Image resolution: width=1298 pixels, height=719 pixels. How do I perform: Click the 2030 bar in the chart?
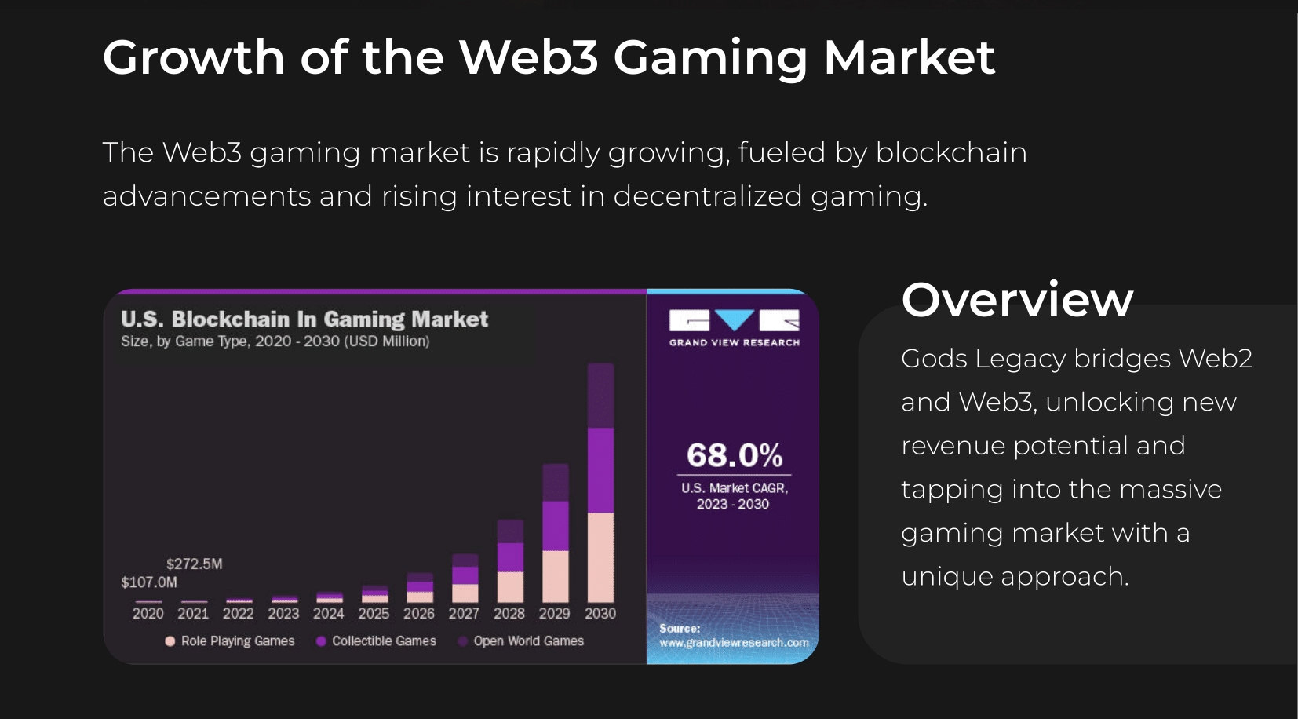pyautogui.click(x=600, y=482)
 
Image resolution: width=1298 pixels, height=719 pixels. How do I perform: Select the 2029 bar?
pyautogui.click(x=556, y=533)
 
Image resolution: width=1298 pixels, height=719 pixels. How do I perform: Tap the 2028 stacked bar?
pyautogui.click(x=510, y=560)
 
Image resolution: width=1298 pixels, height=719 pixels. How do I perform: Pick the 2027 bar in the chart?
pyautogui.click(x=465, y=578)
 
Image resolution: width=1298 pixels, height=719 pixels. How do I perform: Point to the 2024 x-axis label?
pyautogui.click(x=328, y=614)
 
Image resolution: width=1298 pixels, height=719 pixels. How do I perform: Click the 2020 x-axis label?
pyautogui.click(x=148, y=614)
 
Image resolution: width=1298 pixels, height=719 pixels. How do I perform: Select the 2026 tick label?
pyautogui.click(x=419, y=614)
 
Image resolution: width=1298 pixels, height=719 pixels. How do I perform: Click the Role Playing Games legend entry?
pyautogui.click(x=230, y=641)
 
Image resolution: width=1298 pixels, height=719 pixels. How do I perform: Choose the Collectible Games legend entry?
pyautogui.click(x=376, y=641)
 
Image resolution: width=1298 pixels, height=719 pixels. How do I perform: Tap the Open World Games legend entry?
pyautogui.click(x=521, y=641)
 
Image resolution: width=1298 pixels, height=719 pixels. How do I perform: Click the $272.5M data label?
pyautogui.click(x=194, y=564)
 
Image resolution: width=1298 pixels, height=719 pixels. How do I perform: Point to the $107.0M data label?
pyautogui.click(x=149, y=582)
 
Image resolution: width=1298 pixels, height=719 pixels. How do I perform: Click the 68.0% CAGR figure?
pyautogui.click(x=735, y=455)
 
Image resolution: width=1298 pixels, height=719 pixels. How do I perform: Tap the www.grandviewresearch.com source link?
pyautogui.click(x=734, y=643)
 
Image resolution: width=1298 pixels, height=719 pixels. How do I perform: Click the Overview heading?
pyautogui.click(x=1017, y=300)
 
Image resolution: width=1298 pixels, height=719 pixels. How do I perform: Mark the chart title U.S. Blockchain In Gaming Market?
pyautogui.click(x=304, y=319)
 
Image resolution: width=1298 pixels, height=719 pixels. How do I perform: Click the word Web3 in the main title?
pyautogui.click(x=529, y=57)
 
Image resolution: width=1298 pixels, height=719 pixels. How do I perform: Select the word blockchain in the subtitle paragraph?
pyautogui.click(x=951, y=152)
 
